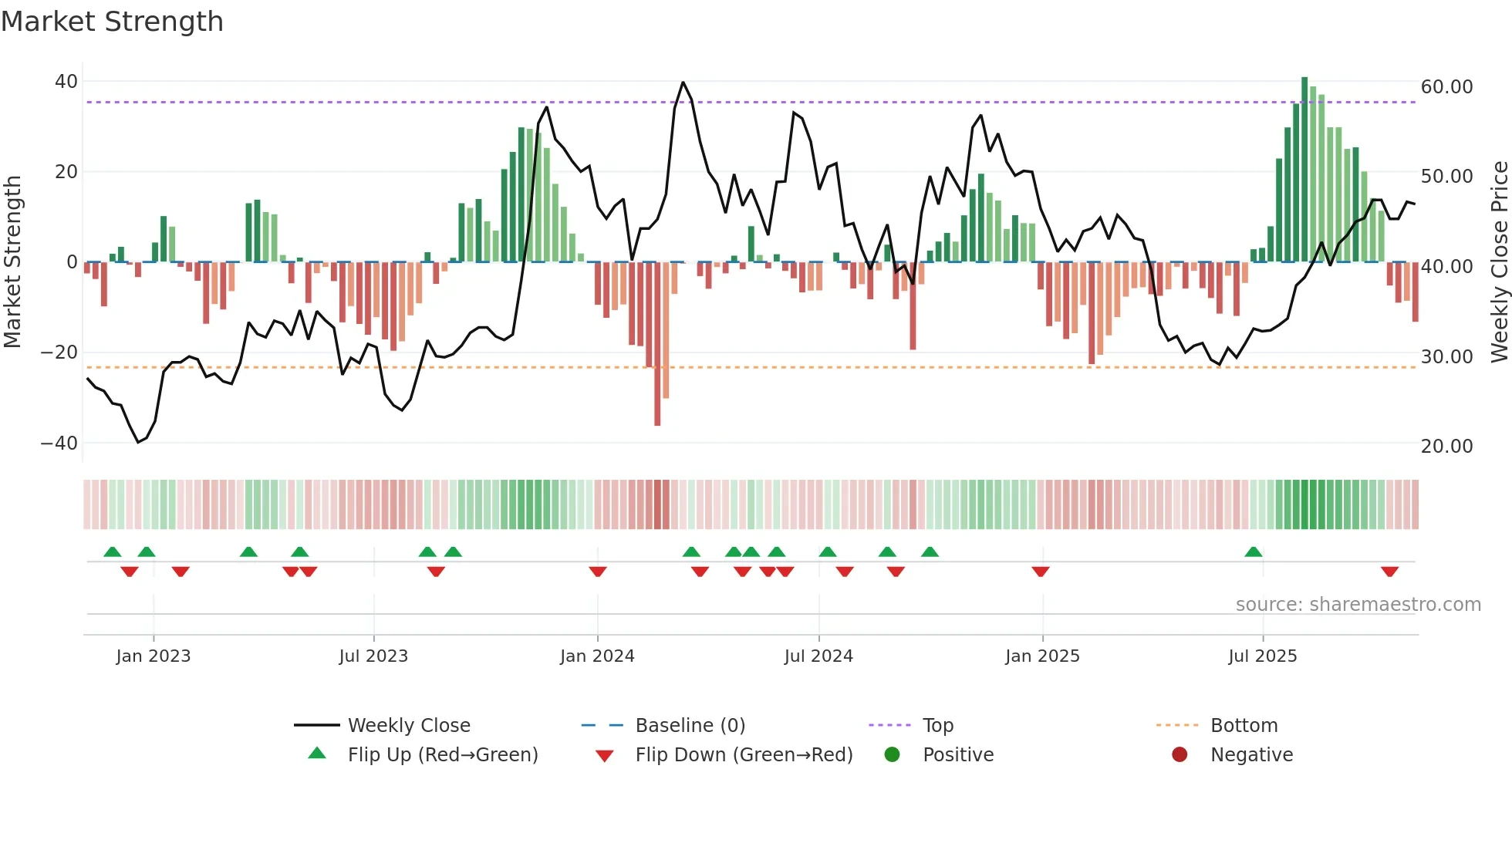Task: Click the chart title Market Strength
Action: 112,22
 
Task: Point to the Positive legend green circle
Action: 893,755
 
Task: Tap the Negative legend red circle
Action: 1180,755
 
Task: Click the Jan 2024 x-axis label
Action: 597,656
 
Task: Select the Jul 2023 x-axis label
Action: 373,656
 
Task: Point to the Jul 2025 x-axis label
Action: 1263,656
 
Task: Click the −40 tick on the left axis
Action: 59,444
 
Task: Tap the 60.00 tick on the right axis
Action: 1446,87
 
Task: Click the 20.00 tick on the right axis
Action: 1446,447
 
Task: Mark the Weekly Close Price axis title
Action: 1499,262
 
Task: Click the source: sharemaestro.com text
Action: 1358,605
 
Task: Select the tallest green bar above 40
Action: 1304,170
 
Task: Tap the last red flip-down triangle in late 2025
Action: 1390,572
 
